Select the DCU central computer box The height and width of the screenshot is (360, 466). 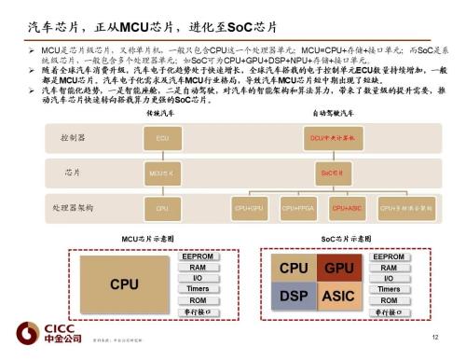tap(327, 138)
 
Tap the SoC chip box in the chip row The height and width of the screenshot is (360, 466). tap(327, 173)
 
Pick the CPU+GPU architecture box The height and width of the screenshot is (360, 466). tap(250, 208)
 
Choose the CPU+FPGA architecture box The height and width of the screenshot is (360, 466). tap(297, 208)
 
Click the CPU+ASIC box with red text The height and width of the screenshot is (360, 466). tap(347, 208)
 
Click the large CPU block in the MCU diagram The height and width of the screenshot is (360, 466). tap(125, 283)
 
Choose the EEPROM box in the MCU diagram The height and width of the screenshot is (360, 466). tap(198, 256)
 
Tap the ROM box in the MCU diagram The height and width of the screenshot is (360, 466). tap(198, 300)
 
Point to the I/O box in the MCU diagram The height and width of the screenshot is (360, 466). tap(198, 278)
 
